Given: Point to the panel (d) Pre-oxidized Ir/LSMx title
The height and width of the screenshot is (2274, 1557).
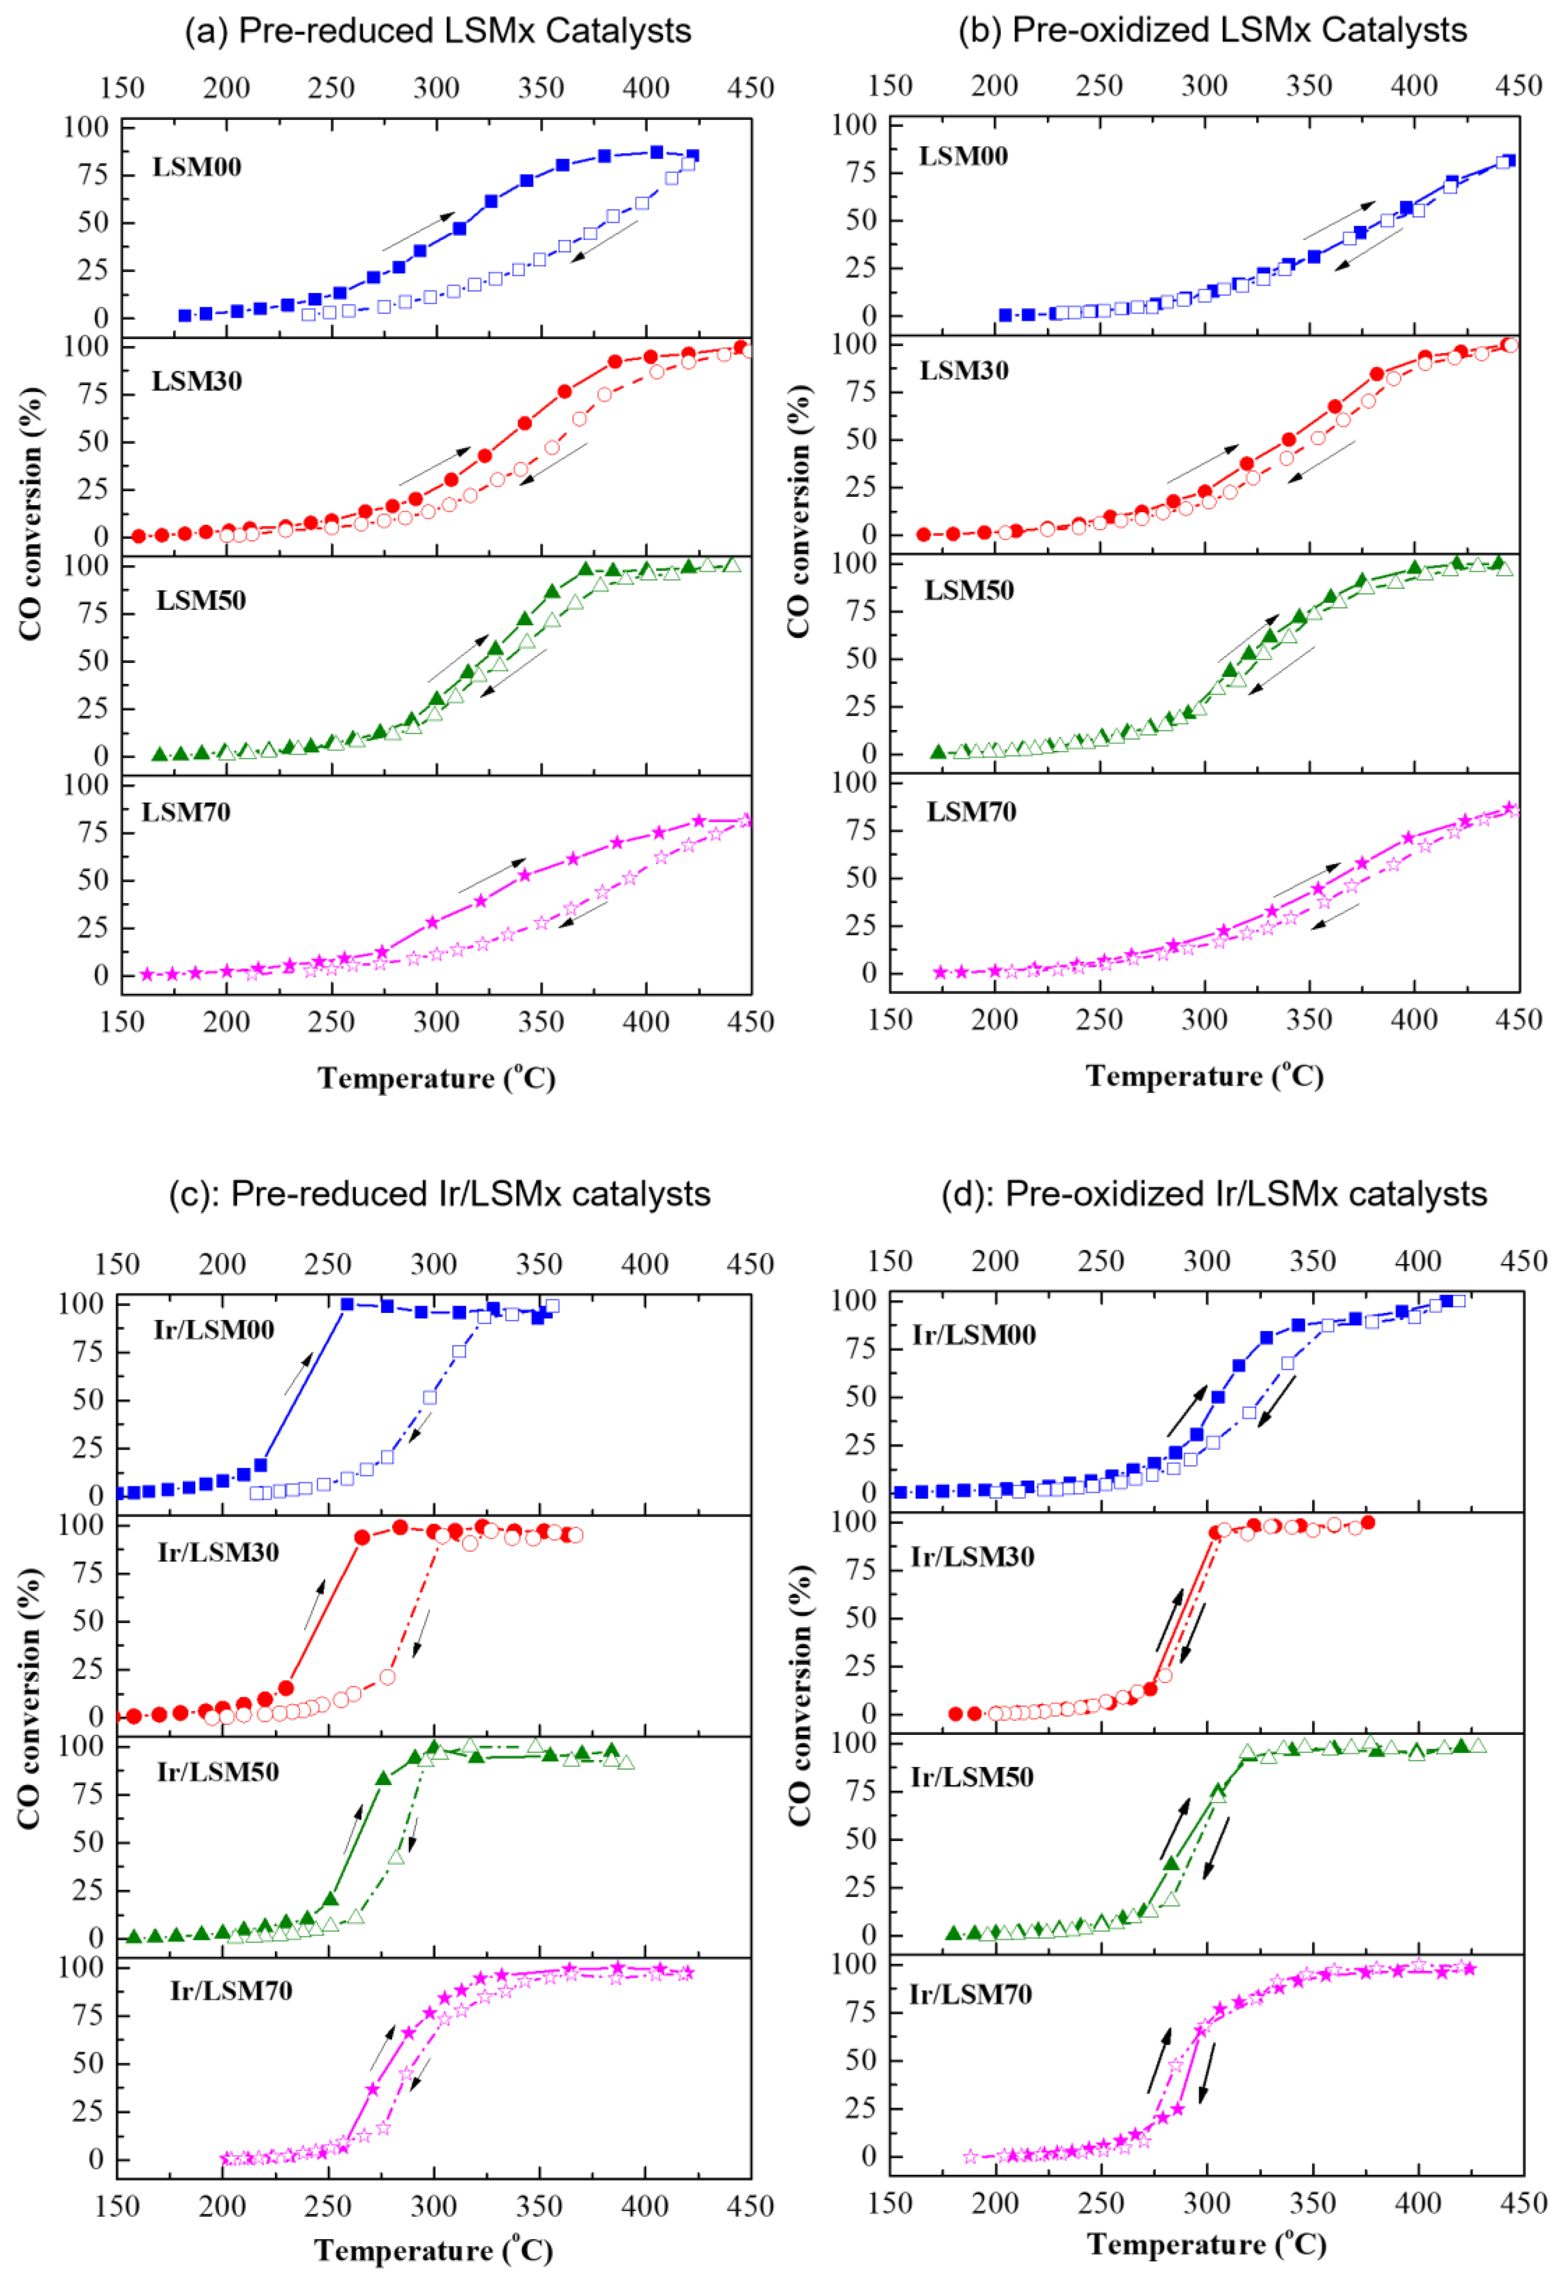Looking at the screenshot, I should pyautogui.click(x=1214, y=1194).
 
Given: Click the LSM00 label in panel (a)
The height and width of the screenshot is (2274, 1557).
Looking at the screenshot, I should pyautogui.click(x=197, y=167).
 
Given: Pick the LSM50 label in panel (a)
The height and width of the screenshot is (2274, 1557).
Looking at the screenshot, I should pyautogui.click(x=200, y=600).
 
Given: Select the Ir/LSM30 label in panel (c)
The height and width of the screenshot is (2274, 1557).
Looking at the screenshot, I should pyautogui.click(x=218, y=1552).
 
